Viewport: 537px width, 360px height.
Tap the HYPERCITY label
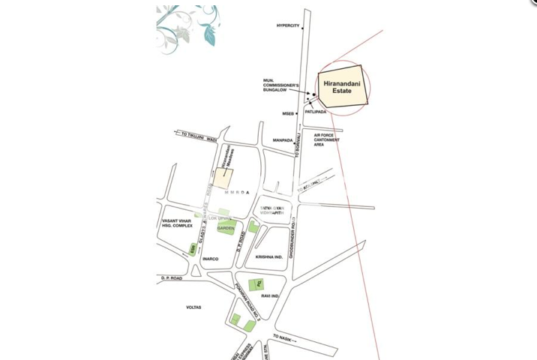[287, 25]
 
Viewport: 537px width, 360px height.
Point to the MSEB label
[288, 113]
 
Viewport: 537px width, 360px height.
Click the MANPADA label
[282, 139]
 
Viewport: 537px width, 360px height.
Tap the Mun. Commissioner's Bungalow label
[281, 85]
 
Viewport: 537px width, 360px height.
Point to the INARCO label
[210, 259]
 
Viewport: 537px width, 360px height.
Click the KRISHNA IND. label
[269, 256]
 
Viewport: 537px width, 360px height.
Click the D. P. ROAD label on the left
[171, 277]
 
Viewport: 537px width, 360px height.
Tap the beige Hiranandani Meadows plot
[224, 178]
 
